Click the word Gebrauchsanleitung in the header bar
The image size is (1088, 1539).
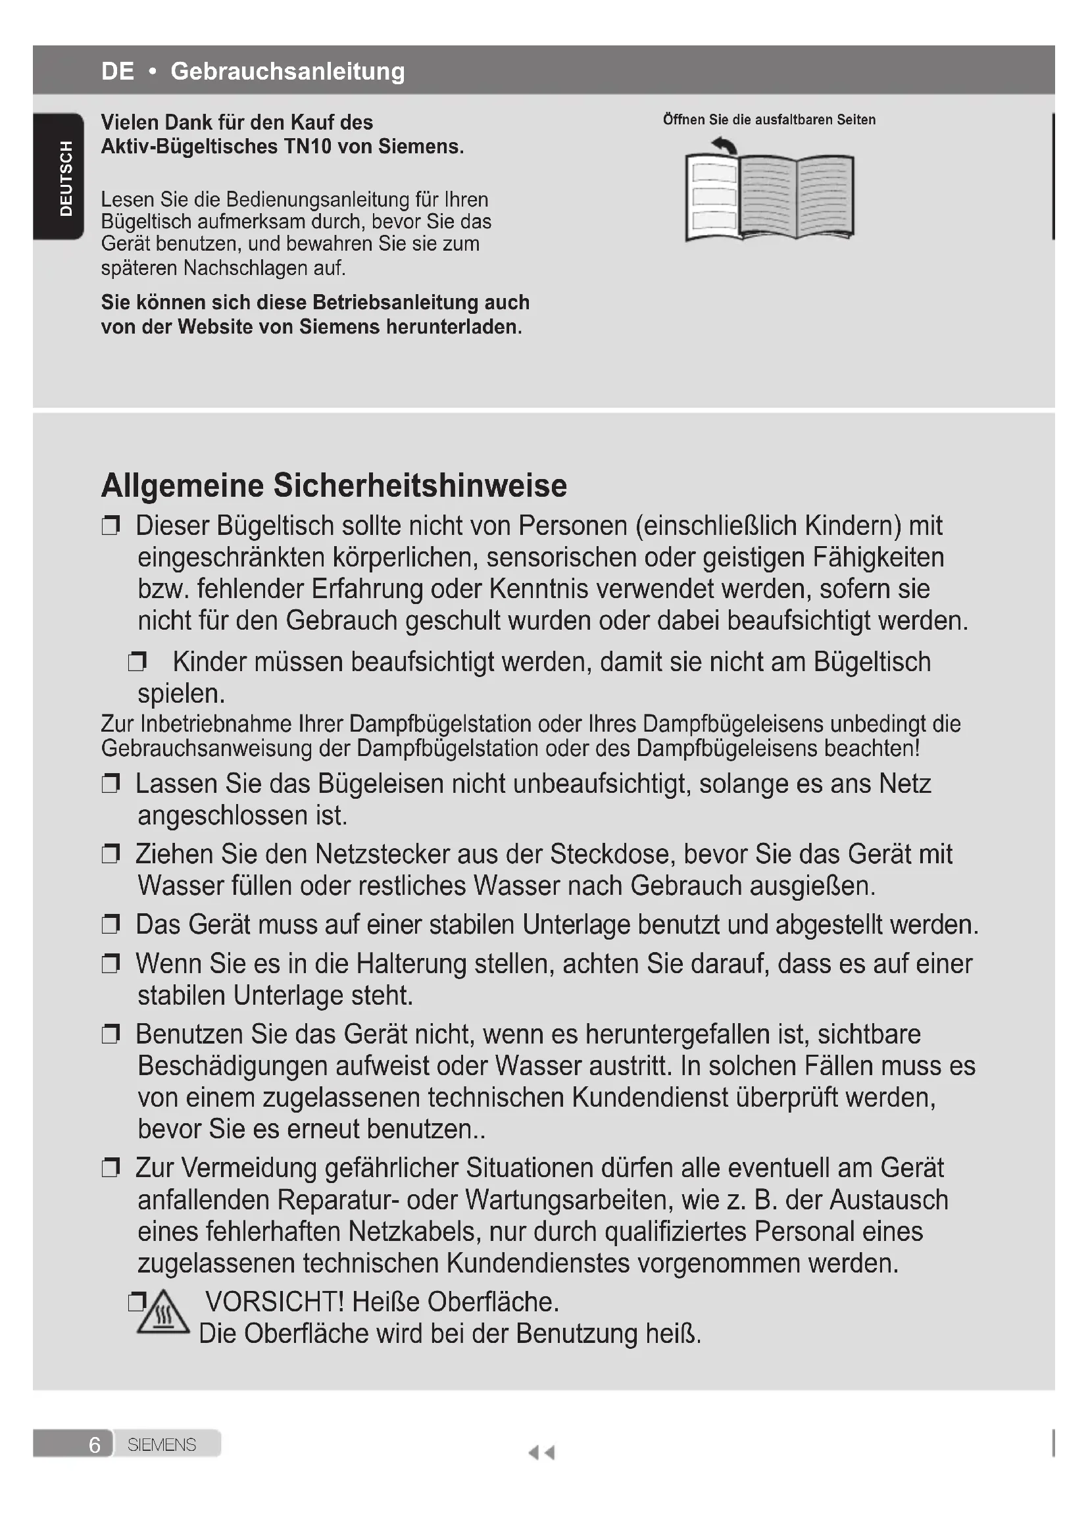287,71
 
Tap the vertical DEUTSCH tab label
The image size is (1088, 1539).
66,178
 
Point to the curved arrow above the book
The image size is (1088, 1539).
725,145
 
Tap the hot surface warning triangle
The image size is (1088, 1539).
164,1313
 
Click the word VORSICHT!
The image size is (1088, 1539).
274,1301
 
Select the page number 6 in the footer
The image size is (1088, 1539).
95,1444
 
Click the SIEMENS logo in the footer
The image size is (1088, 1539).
161,1444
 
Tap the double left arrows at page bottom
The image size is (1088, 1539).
541,1453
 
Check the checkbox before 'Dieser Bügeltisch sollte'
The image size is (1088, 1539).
111,526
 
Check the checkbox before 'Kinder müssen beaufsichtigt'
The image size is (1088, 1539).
137,663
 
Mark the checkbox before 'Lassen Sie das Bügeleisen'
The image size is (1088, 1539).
111,784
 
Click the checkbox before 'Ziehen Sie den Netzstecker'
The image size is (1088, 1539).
111,855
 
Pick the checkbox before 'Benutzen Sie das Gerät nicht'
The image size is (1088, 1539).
111,1035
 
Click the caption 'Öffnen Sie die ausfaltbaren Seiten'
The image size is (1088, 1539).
769,120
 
